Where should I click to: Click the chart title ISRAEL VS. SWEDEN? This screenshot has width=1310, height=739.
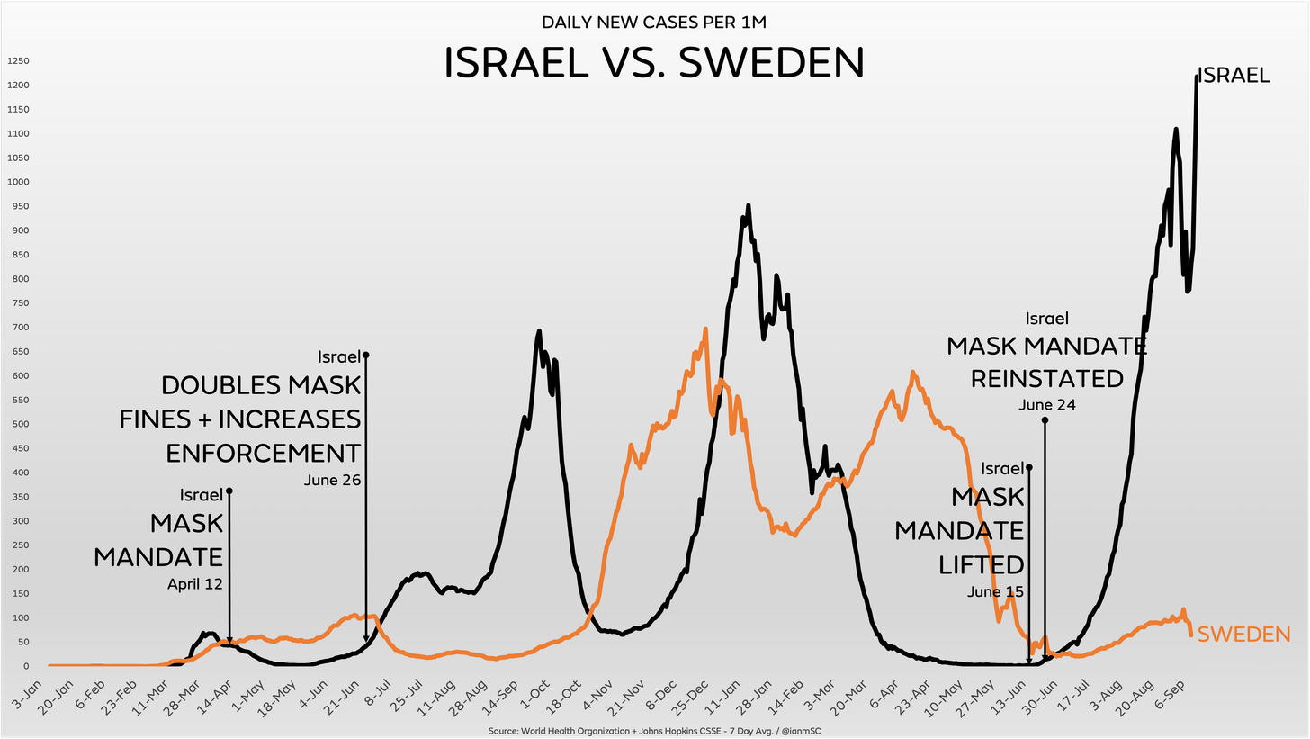click(x=654, y=63)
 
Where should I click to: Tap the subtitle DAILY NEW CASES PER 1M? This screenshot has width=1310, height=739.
click(x=654, y=22)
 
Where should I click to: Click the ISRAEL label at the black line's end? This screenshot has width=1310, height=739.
click(x=1234, y=77)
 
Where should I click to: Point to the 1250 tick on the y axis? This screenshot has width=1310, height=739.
click(x=18, y=61)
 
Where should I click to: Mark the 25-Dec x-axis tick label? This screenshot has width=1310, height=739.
click(x=690, y=698)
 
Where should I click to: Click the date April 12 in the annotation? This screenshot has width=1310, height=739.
click(x=194, y=583)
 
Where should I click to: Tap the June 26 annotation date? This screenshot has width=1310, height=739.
click(x=333, y=480)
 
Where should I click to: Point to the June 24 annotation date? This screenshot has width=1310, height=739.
click(x=1047, y=405)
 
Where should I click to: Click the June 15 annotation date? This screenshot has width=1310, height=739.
click(x=996, y=591)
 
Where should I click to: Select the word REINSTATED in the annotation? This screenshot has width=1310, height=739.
click(x=1047, y=378)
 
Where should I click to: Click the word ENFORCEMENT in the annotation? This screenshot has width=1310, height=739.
click(x=264, y=453)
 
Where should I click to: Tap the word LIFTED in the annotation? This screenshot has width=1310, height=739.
click(x=982, y=564)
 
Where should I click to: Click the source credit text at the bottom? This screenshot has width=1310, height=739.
click(x=654, y=730)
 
